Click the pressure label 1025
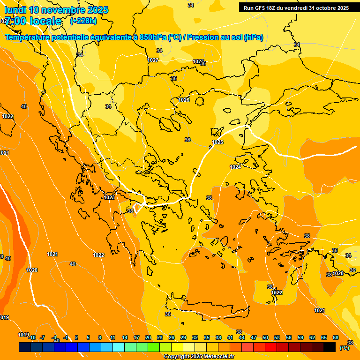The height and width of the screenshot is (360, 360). click(217, 142)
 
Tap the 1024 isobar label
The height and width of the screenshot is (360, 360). click(235, 167)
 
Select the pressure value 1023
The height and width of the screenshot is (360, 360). click(109, 198)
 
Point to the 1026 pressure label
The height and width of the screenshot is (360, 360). click(184, 100)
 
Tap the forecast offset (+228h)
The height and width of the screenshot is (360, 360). click(83, 21)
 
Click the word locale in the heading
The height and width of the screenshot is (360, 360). click(45, 21)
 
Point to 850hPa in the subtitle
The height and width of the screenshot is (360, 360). click(153, 37)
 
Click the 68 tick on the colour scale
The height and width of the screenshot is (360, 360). click(336, 337)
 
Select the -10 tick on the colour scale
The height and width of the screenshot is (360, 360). click(32, 337)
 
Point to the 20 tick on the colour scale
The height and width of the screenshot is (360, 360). click(148, 337)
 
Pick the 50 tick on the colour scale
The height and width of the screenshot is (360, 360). click(265, 337)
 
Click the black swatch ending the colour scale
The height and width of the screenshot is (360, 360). click(330, 347)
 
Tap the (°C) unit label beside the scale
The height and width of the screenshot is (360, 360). click(344, 348)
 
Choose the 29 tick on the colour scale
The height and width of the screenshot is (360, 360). click(183, 337)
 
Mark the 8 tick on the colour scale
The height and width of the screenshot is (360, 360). click(100, 337)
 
